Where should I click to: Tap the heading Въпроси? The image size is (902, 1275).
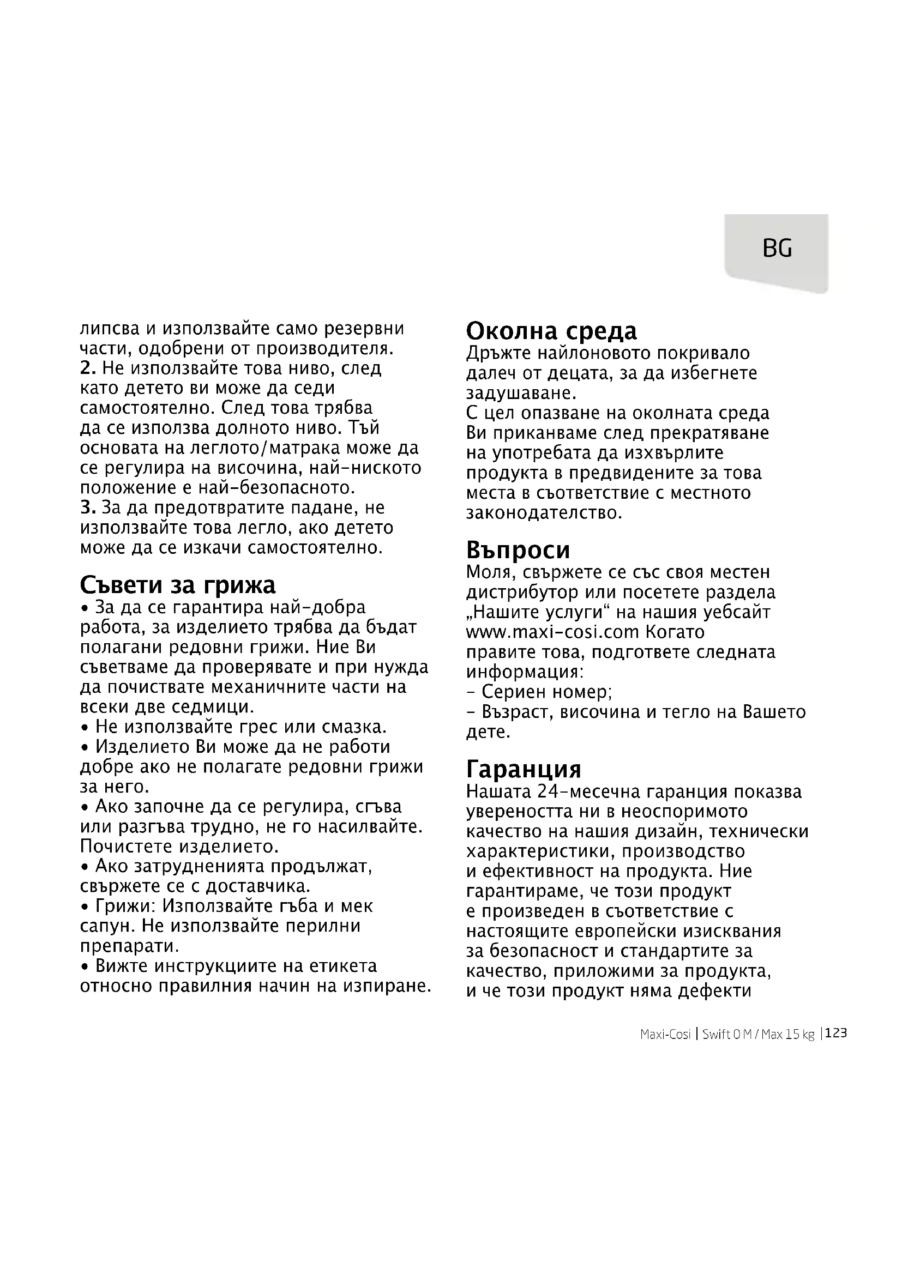coord(518,550)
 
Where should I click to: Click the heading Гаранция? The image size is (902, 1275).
coord(523,769)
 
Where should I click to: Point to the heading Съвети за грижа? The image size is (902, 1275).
coord(178,585)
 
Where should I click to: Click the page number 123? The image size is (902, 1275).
coord(836,1034)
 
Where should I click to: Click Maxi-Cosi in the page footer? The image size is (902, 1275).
coord(665,1035)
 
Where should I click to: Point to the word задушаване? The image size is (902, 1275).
coord(521,393)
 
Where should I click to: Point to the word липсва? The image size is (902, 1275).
coord(110,329)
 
